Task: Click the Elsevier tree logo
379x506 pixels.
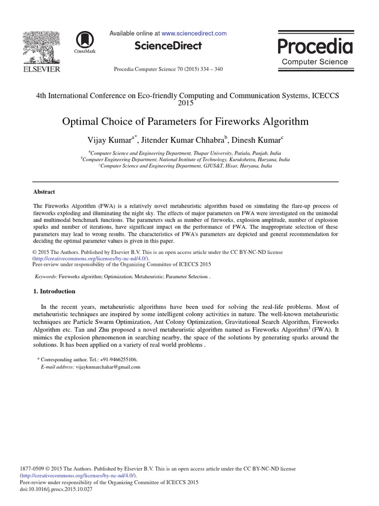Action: (41, 48)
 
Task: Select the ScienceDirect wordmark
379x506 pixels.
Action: (168, 46)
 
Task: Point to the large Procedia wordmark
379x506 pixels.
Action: (315, 46)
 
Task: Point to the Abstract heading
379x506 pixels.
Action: (44, 192)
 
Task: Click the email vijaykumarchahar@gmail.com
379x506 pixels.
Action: (108, 367)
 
